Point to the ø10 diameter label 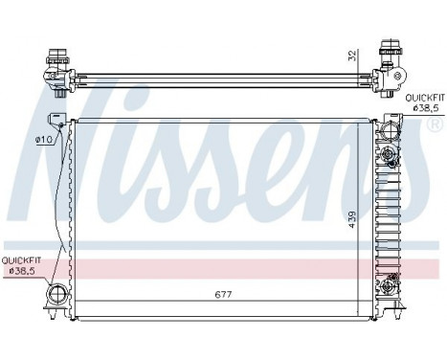point(43,140)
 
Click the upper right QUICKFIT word point(424,99)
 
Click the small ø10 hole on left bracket point(59,122)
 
